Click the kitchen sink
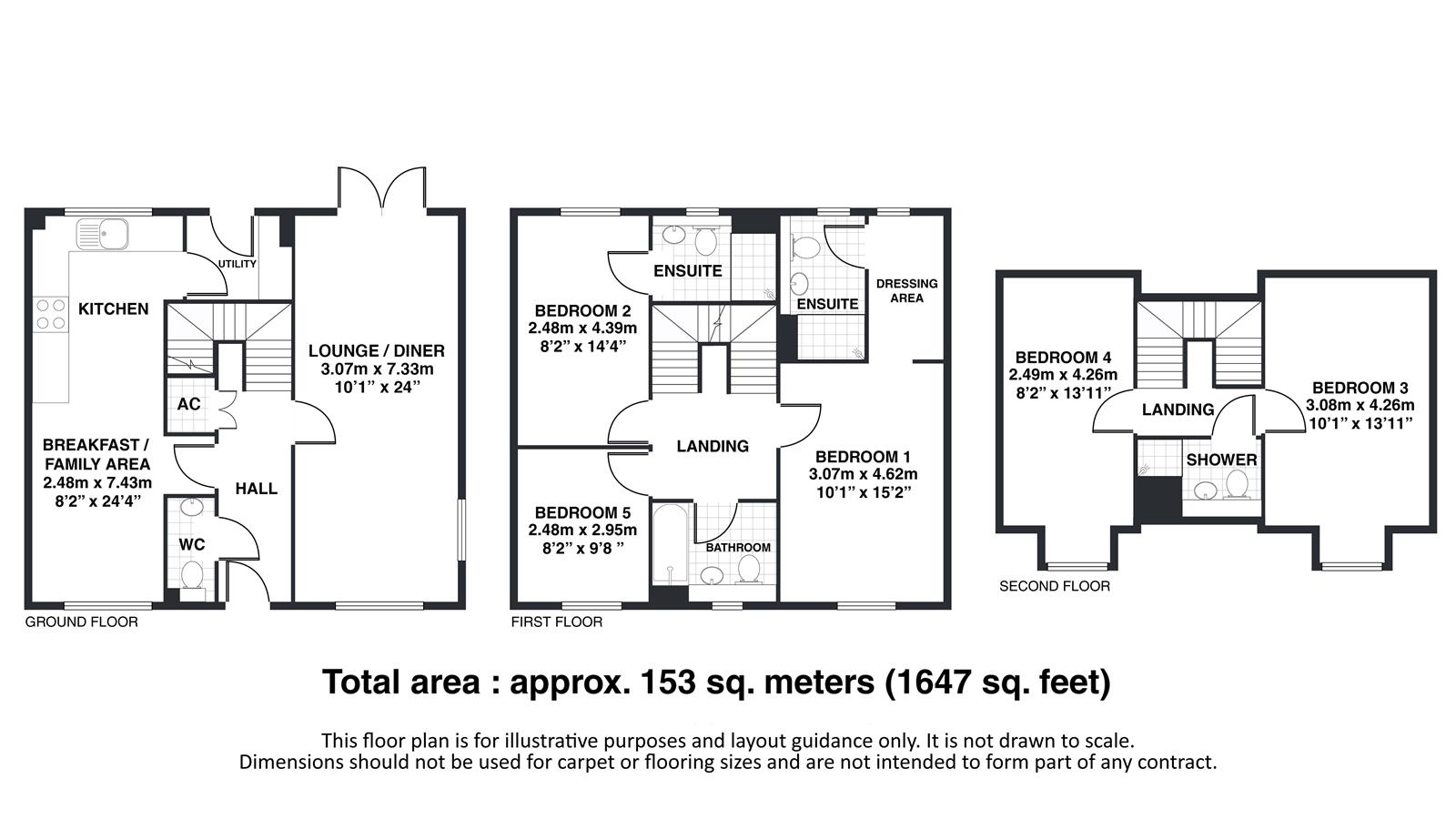(102, 234)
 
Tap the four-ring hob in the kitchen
(51, 314)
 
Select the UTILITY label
(237, 264)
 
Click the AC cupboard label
(189, 404)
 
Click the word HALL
(256, 489)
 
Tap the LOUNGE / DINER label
(377, 351)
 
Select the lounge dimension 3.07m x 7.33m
(377, 369)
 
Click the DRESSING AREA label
(906, 290)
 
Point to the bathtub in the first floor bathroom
(670, 545)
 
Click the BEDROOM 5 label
(582, 513)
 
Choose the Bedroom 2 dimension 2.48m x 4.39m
(582, 329)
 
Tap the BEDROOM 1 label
(864, 457)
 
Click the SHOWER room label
(1221, 460)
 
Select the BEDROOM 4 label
(1064, 358)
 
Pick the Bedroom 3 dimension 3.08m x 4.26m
(1360, 406)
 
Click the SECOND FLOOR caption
(1055, 586)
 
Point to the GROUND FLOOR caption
(81, 622)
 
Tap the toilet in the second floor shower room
(1237, 484)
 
